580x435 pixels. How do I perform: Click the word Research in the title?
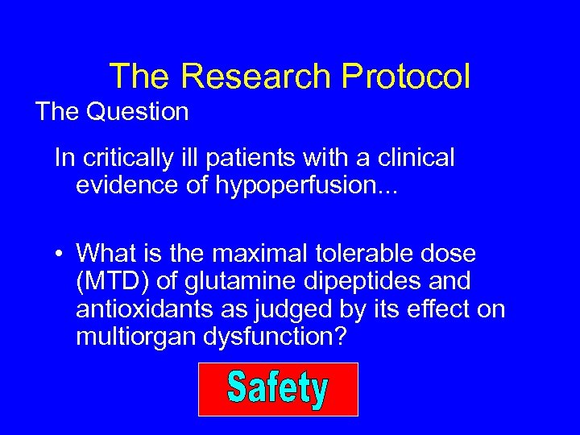pos(256,77)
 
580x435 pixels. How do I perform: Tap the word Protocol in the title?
pos(406,77)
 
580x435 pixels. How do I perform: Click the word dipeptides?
pos(347,282)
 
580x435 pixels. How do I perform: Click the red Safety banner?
pos(278,389)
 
